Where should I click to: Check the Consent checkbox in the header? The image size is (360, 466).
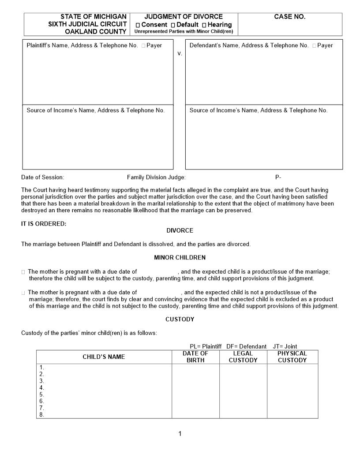click(138, 25)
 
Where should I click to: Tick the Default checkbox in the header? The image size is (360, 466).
click(173, 25)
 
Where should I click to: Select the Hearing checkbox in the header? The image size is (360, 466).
click(204, 25)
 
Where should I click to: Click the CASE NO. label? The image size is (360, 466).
click(289, 17)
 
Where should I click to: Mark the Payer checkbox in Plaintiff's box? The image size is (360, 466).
click(143, 45)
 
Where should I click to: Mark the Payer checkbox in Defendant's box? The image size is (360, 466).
click(314, 45)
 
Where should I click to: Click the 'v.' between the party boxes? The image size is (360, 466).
click(180, 53)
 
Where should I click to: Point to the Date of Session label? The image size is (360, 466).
click(43, 177)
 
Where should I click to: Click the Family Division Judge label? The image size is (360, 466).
click(156, 177)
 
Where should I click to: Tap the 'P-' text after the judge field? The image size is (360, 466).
click(278, 177)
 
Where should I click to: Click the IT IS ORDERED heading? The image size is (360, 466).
click(44, 224)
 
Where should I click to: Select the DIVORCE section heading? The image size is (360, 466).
click(180, 230)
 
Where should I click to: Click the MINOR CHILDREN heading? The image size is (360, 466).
click(180, 257)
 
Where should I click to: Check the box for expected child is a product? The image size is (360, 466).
click(23, 272)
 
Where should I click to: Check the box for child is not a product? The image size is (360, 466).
click(23, 293)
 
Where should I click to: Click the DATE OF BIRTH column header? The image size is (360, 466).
click(195, 357)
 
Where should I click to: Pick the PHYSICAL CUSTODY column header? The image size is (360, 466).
click(292, 357)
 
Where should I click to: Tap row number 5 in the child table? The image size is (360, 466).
click(42, 395)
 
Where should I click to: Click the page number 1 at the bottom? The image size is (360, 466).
click(180, 434)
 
